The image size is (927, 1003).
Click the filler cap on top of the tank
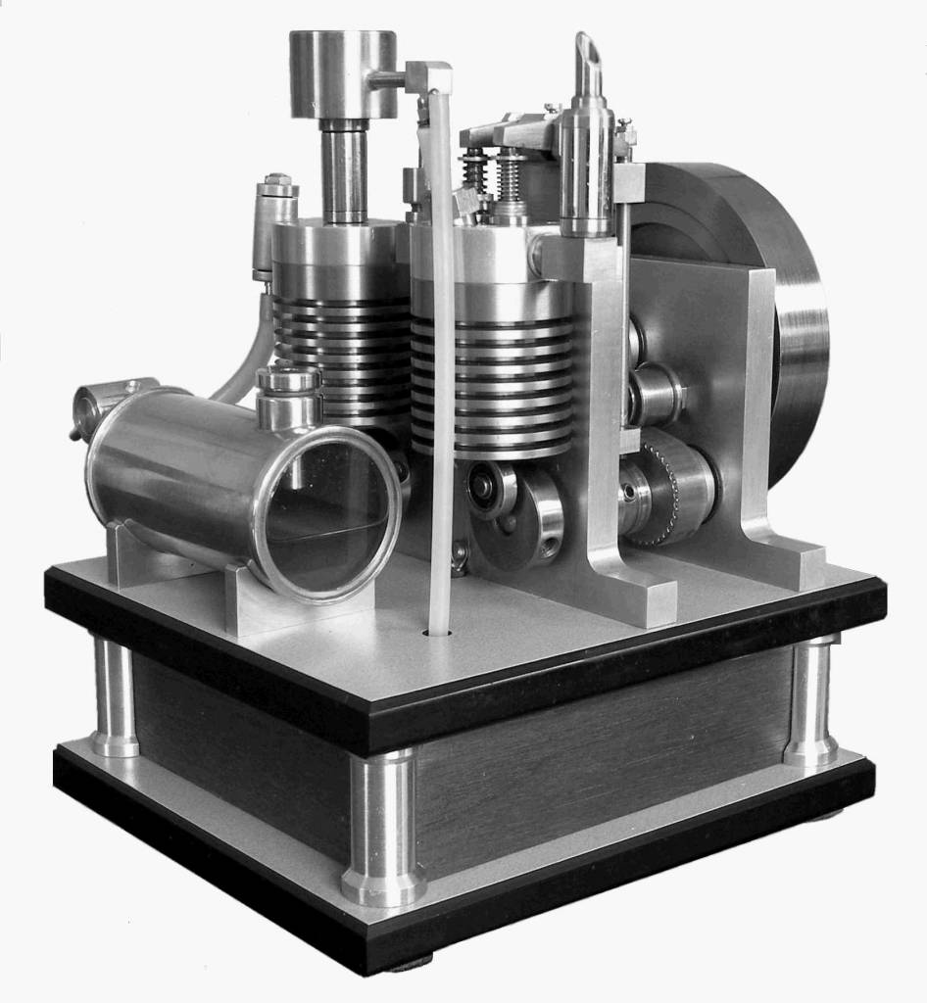288,392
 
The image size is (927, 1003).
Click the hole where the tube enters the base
438,633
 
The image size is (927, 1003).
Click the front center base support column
382,828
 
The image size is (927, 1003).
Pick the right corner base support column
811,700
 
